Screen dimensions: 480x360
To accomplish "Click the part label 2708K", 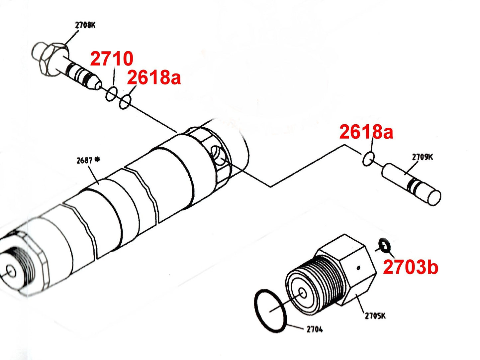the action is (85, 25).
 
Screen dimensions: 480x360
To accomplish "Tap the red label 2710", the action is (112, 59).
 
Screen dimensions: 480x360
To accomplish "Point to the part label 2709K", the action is (422, 157).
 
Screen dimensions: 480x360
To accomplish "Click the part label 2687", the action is (84, 161).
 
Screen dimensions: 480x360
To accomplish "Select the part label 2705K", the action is (375, 316).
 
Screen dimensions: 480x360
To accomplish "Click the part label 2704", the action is (315, 329).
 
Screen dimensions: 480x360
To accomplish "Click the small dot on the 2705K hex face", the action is (358, 268).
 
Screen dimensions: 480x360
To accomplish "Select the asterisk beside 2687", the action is (97, 160).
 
